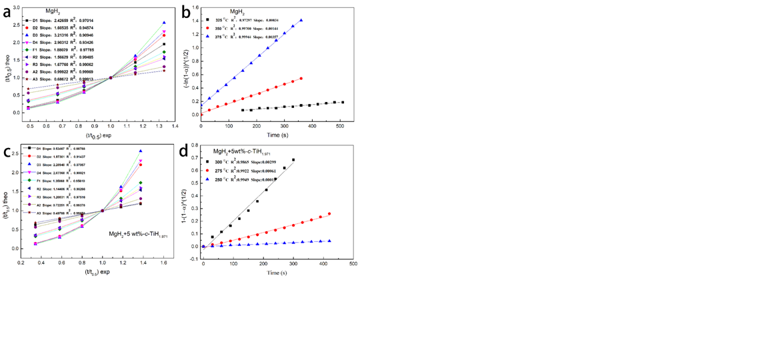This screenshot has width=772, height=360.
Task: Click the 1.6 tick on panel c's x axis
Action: click(x=163, y=263)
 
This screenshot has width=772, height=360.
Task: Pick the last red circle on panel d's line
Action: click(x=329, y=214)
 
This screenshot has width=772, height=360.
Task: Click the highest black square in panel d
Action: click(x=293, y=160)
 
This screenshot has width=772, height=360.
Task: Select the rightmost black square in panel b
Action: click(x=343, y=102)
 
